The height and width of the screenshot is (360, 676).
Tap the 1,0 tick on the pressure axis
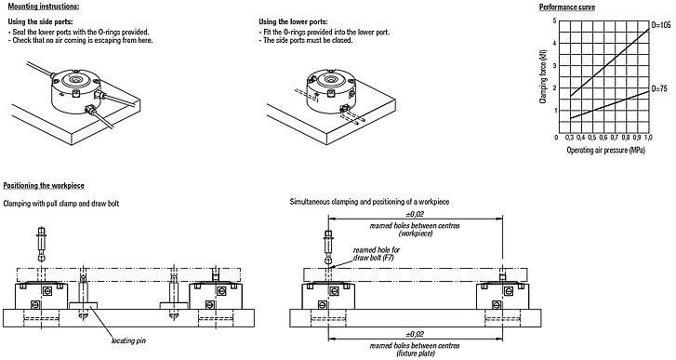click(648, 138)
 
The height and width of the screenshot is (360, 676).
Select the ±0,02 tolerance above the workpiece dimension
click(416, 214)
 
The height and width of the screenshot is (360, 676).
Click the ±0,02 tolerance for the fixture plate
click(416, 333)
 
